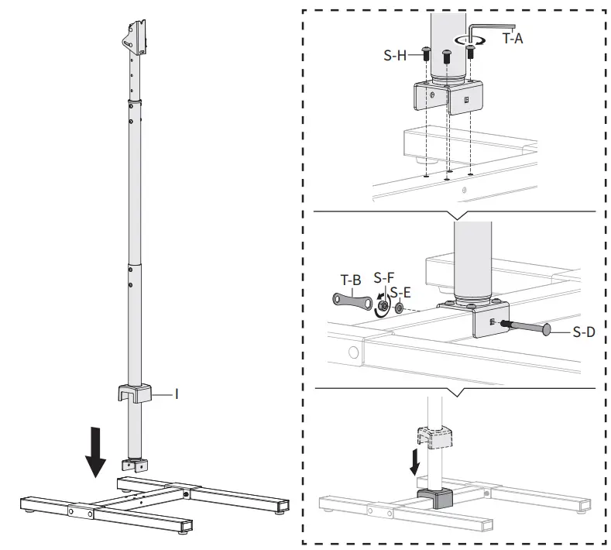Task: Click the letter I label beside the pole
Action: click(x=177, y=394)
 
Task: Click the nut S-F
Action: click(x=381, y=308)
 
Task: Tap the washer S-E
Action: click(x=398, y=309)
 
